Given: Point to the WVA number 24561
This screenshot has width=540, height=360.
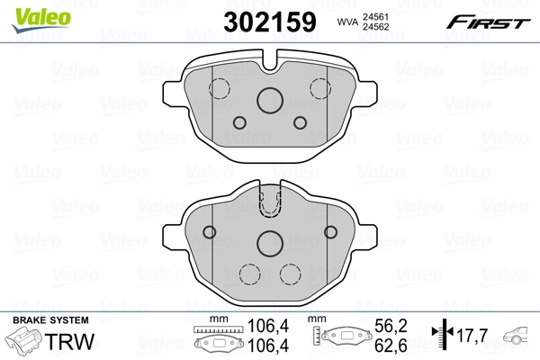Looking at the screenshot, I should (374, 16).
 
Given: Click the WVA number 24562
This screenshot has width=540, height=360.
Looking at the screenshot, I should (374, 28).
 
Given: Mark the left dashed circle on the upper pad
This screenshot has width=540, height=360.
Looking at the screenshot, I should (219, 87).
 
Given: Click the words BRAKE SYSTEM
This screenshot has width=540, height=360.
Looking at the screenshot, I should (50, 320).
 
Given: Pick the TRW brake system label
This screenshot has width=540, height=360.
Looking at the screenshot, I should (61, 342).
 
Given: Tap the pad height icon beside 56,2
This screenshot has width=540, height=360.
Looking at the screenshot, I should (343, 337).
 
